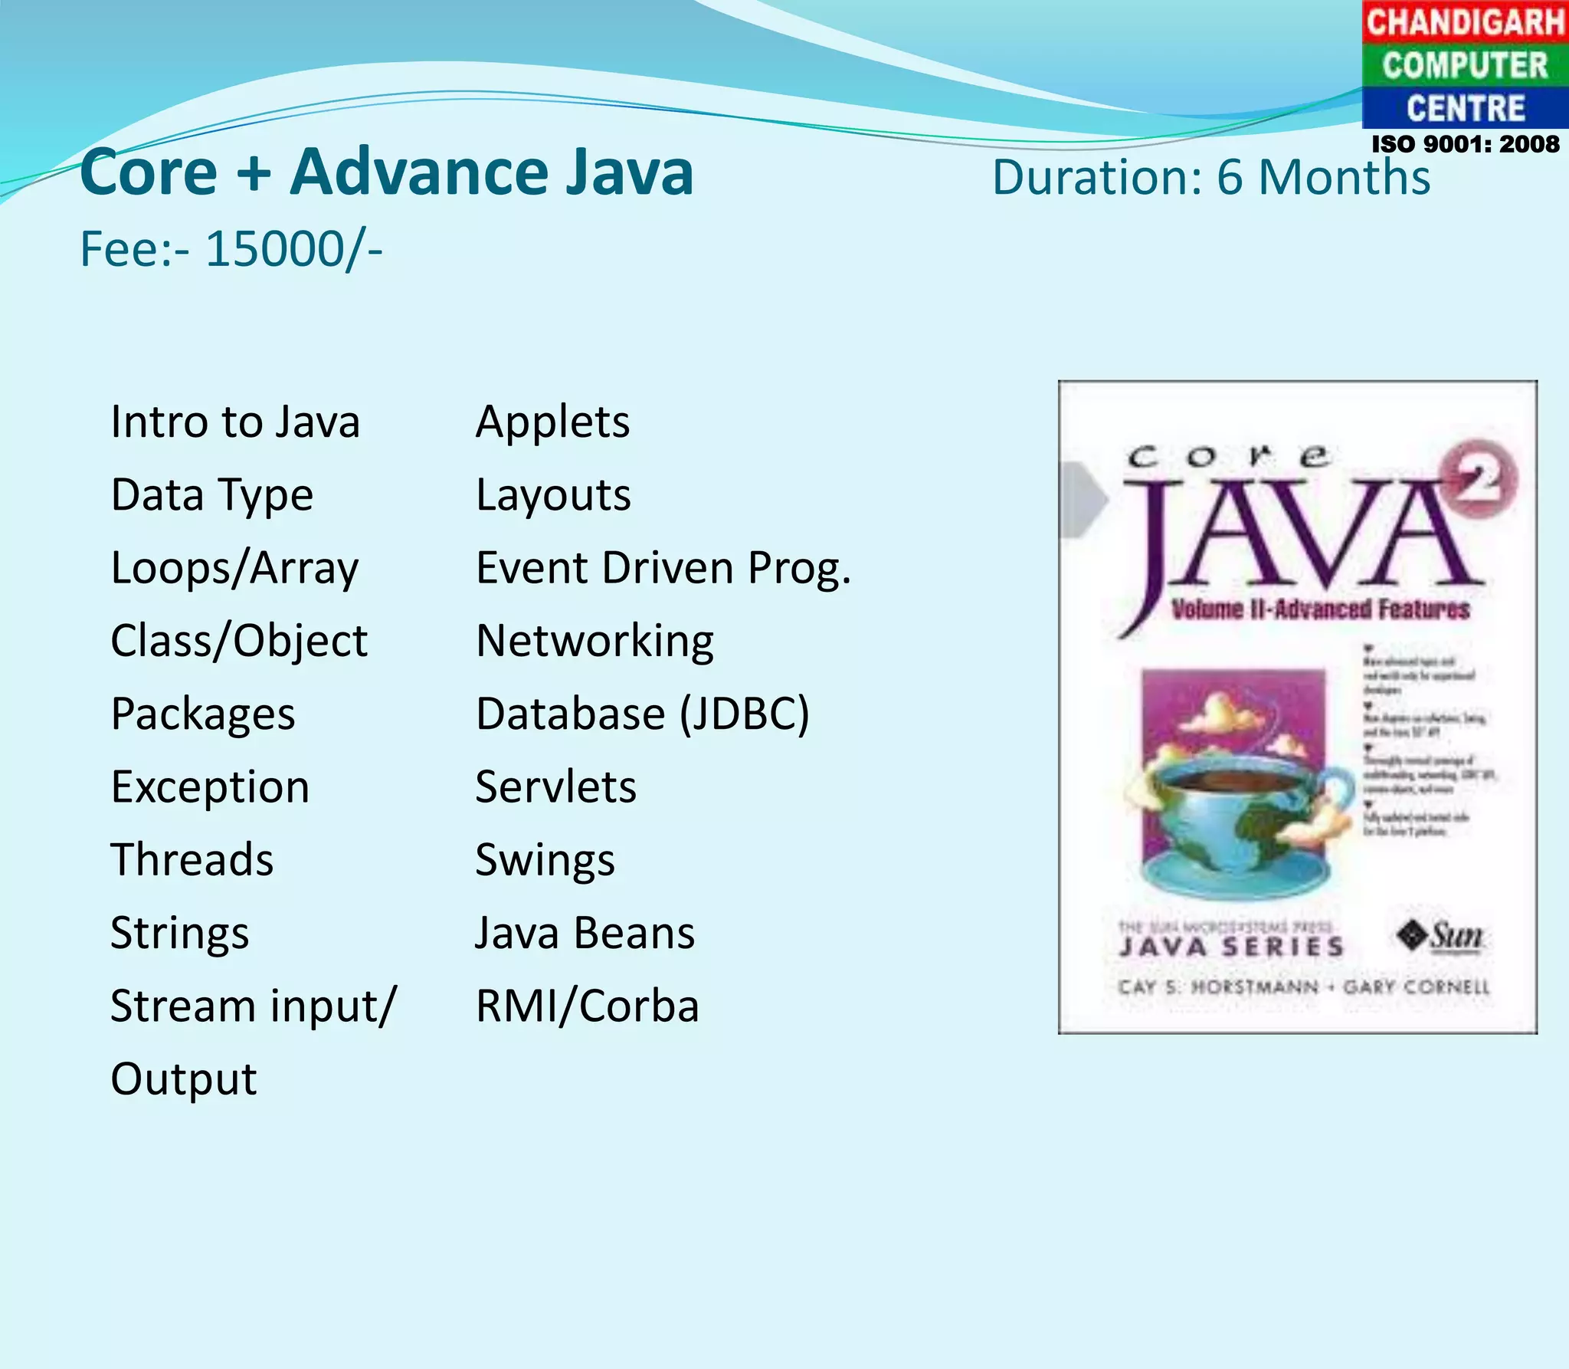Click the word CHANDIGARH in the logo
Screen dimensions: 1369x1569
1465,21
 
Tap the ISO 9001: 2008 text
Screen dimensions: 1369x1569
1465,144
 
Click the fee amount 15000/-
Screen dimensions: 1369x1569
294,250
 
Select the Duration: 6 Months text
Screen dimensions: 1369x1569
1211,178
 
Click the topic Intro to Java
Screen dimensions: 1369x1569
235,422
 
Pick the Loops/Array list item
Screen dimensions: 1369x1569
234,568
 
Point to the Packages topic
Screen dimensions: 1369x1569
203,714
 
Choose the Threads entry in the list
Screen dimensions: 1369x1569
192,859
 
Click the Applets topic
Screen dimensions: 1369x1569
552,422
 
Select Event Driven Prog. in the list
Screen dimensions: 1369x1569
663,568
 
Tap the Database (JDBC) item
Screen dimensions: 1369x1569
642,714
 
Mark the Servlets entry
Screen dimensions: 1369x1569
555,787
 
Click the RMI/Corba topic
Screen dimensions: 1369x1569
587,1006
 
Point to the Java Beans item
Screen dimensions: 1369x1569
585,933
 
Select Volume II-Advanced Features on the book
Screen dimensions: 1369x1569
1320,610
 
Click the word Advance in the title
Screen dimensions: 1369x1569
419,172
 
